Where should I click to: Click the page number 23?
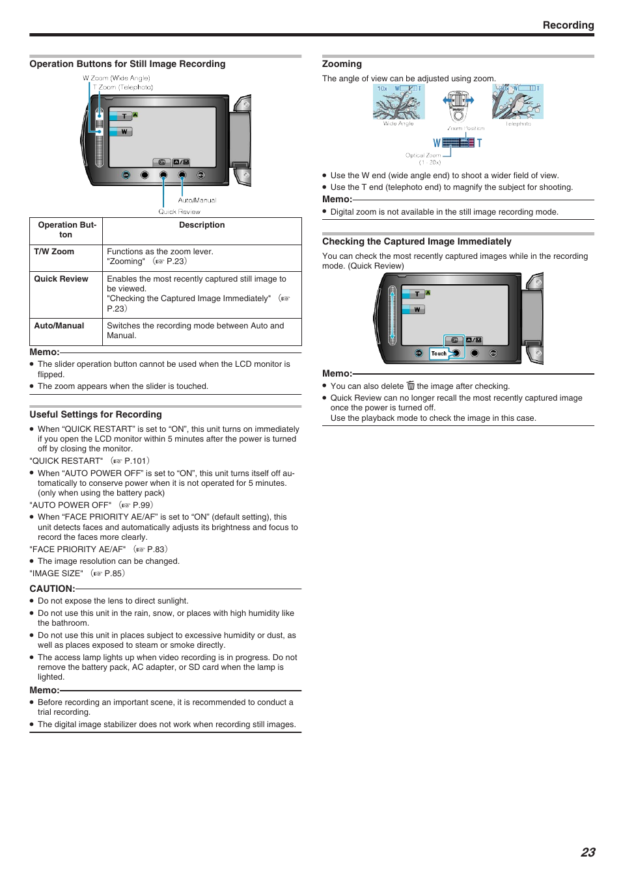[x=587, y=852]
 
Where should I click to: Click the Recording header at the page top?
[x=568, y=25]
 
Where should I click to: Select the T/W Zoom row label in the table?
[x=54, y=252]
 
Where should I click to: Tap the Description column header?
[x=202, y=225]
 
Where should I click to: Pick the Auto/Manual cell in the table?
[x=59, y=326]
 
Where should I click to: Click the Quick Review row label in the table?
[x=61, y=279]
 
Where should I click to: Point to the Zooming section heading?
[x=342, y=64]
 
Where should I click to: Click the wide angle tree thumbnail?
[x=398, y=102]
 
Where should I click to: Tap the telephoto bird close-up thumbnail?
[x=517, y=102]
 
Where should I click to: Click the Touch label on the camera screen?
[x=439, y=354]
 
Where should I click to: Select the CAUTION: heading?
[x=52, y=589]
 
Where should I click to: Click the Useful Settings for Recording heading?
[x=96, y=414]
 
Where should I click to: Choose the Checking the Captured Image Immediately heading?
[x=417, y=241]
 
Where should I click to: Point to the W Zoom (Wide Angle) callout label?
[x=117, y=78]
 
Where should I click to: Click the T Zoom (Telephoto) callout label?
[x=122, y=87]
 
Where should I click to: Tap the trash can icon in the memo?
[x=411, y=386]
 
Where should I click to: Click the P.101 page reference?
[x=136, y=461]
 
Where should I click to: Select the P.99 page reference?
[x=142, y=505]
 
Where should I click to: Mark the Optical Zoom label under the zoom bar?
[x=423, y=155]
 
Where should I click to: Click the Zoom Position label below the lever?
[x=465, y=129]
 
